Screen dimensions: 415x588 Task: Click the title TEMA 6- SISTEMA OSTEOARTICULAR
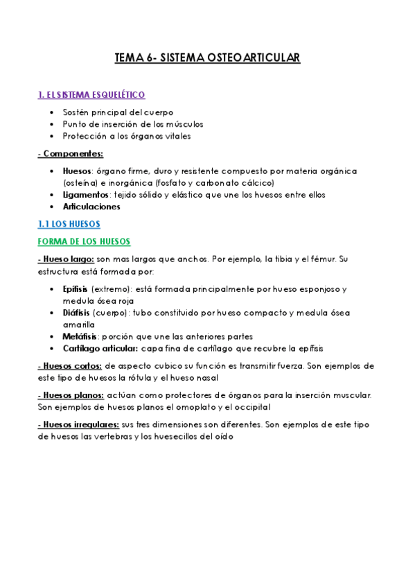tap(207, 59)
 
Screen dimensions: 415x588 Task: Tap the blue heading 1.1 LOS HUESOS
tap(69, 224)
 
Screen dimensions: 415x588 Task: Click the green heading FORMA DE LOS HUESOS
tap(84, 241)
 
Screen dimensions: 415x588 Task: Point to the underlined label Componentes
tap(71, 153)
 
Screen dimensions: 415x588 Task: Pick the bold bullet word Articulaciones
tap(91, 207)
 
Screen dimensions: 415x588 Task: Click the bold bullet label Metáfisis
tap(78, 336)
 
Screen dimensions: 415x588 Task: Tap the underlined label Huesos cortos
tap(71, 365)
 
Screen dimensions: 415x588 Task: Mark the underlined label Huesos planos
tap(71, 395)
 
